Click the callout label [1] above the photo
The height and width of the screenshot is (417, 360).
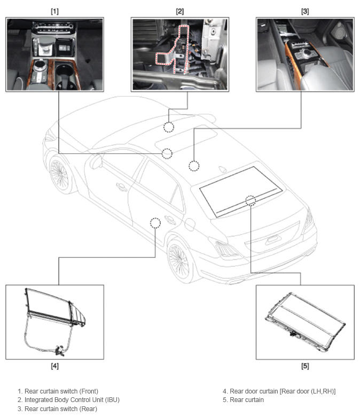(x=54, y=11)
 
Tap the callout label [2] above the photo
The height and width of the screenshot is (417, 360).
(x=179, y=11)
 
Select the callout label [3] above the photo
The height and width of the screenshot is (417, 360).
(x=305, y=11)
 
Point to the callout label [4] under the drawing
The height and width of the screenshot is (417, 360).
(x=54, y=366)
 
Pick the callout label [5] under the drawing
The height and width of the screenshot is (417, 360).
(x=305, y=366)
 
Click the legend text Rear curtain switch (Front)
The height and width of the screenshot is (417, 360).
(x=61, y=391)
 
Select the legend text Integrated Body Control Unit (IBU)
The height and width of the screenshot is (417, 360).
(x=72, y=400)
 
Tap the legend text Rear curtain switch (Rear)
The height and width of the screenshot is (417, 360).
(x=61, y=408)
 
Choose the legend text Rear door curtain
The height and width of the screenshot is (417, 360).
(x=254, y=391)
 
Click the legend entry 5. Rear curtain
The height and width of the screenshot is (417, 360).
(x=243, y=400)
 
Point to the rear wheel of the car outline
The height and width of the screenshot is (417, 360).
(x=179, y=260)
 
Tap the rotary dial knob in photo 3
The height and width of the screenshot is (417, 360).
(x=307, y=51)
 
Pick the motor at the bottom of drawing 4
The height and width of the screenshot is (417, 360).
(x=60, y=350)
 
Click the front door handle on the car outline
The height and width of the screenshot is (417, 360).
(x=121, y=187)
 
